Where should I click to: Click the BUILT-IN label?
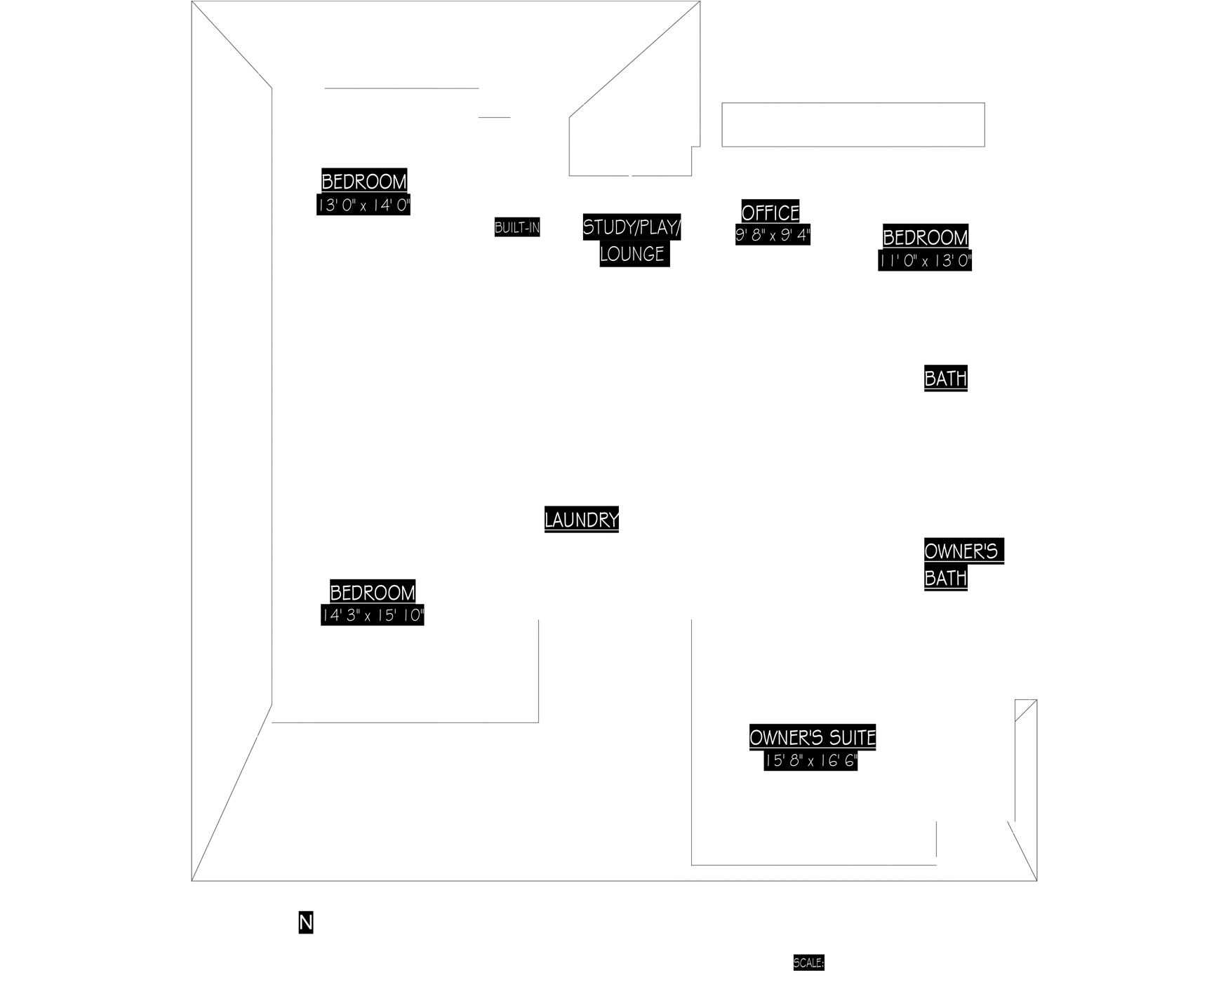click(x=517, y=228)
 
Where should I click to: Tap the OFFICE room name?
click(x=770, y=213)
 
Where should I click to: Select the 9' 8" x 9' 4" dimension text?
click(x=773, y=235)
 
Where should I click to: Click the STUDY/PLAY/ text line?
click(x=632, y=227)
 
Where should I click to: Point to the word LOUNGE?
click(x=632, y=254)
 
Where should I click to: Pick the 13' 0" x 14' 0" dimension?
click(x=364, y=206)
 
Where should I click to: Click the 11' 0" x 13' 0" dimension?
click(x=926, y=261)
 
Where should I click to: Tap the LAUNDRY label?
click(x=582, y=520)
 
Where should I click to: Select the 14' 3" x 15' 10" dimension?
click(x=373, y=616)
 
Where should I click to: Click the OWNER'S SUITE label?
click(x=813, y=738)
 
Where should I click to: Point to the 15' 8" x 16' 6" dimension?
click(x=813, y=761)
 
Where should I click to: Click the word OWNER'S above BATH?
click(x=961, y=551)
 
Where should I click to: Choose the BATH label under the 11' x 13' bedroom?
click(x=946, y=379)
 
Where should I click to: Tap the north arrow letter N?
click(x=305, y=923)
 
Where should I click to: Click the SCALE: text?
click(x=808, y=963)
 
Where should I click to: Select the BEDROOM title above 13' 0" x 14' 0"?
click(x=364, y=182)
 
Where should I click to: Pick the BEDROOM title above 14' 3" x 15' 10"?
click(x=373, y=593)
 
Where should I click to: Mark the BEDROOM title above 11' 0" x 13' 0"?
click(x=926, y=238)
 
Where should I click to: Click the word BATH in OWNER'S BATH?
click(x=945, y=578)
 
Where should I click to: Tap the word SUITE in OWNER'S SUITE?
click(x=851, y=738)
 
